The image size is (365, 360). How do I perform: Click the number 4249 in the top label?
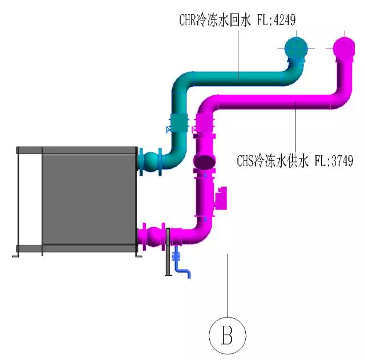click(283, 21)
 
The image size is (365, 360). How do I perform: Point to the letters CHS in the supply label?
click(246, 161)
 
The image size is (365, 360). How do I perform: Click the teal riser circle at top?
click(295, 48)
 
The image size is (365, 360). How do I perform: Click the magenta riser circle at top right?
click(344, 48)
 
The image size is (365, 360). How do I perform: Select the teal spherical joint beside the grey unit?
click(152, 161)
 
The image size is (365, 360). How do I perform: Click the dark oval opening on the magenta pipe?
click(205, 161)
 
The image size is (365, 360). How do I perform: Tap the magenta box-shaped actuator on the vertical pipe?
click(220, 197)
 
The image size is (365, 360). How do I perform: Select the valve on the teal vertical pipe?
click(180, 124)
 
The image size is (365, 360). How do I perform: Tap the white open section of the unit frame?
click(29, 200)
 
